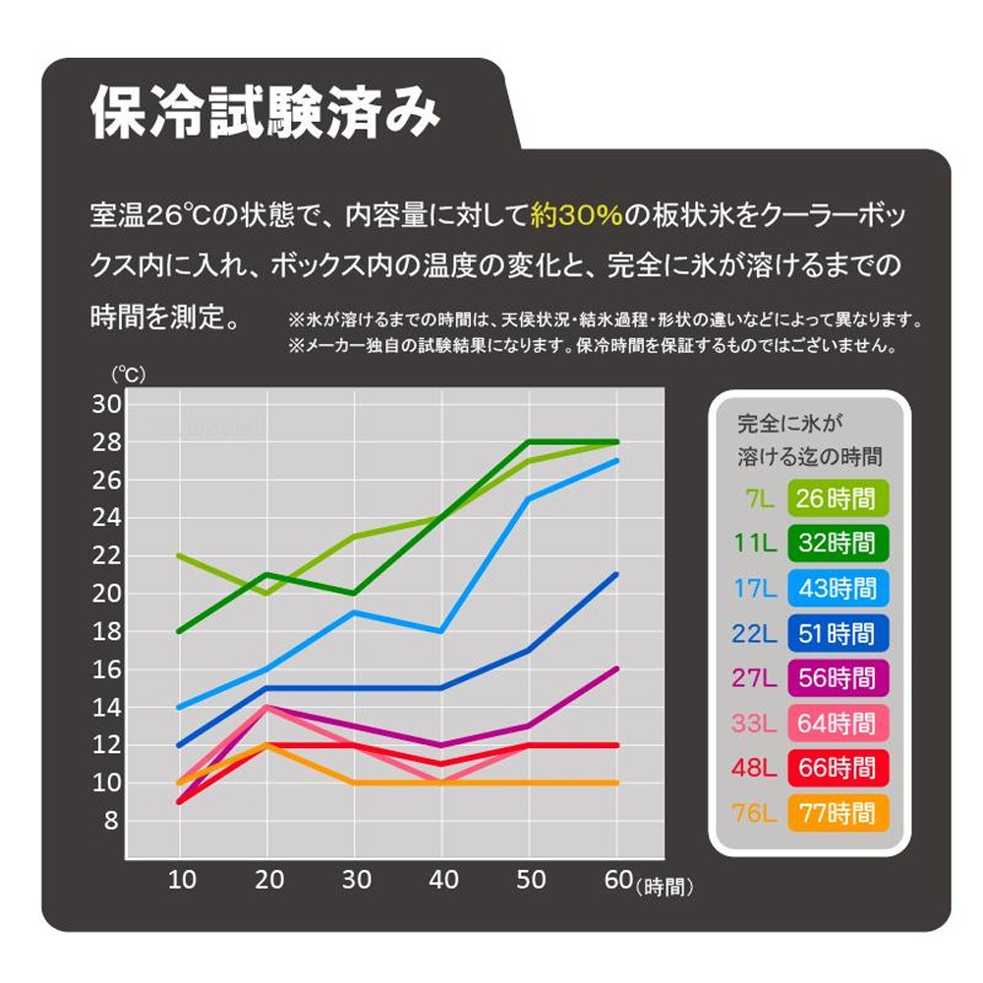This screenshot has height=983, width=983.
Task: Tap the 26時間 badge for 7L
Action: pos(836,498)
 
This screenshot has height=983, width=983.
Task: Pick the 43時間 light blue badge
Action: pos(836,589)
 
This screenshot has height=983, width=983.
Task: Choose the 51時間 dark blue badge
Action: pos(836,633)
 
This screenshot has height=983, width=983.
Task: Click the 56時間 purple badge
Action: pos(836,678)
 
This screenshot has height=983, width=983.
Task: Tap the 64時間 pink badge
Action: pos(836,723)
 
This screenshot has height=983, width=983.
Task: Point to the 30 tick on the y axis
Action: pos(105,404)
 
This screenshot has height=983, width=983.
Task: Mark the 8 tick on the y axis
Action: pos(111,821)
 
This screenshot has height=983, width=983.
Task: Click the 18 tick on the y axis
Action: pos(105,631)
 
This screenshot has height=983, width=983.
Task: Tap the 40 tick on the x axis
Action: pos(442,879)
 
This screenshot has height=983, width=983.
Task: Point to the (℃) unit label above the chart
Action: pos(126,374)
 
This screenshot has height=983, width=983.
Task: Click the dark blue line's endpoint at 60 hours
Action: pos(616,574)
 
